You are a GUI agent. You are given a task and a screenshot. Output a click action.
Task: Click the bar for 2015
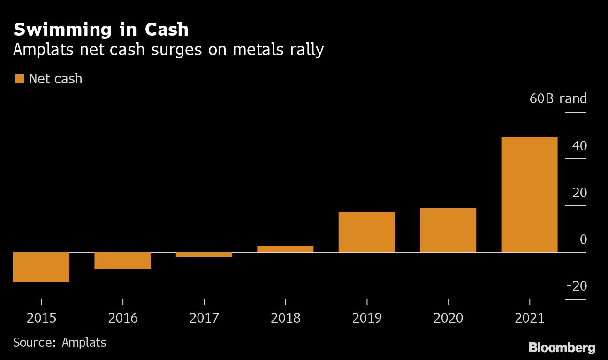[x=41, y=267]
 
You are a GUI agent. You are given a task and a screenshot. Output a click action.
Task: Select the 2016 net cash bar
[x=122, y=261]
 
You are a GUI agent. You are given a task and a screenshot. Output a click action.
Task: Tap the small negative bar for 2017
[x=204, y=255]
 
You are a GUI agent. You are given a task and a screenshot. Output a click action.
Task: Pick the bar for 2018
[x=285, y=249]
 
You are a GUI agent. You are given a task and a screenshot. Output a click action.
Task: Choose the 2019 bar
[x=366, y=232]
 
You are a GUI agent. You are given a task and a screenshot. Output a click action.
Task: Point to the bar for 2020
[x=448, y=230]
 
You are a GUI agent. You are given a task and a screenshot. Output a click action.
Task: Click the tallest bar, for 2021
[x=529, y=195]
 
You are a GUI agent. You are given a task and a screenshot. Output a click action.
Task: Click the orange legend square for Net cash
[x=19, y=79]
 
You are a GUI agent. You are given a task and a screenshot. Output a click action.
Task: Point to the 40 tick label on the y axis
[x=579, y=146]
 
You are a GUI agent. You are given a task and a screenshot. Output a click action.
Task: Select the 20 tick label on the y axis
[x=579, y=193]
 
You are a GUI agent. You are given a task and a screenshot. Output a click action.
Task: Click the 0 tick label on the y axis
[x=583, y=240]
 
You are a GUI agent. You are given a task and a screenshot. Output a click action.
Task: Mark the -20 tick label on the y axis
[x=577, y=286]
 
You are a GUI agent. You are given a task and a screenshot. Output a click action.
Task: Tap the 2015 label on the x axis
[x=41, y=318]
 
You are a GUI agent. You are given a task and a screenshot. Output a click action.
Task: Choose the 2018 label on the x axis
[x=285, y=318]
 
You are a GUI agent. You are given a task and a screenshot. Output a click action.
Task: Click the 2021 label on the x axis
[x=529, y=318]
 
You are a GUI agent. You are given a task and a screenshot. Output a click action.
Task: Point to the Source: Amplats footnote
[x=60, y=343]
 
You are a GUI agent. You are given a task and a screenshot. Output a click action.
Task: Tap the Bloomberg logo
[x=562, y=348]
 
